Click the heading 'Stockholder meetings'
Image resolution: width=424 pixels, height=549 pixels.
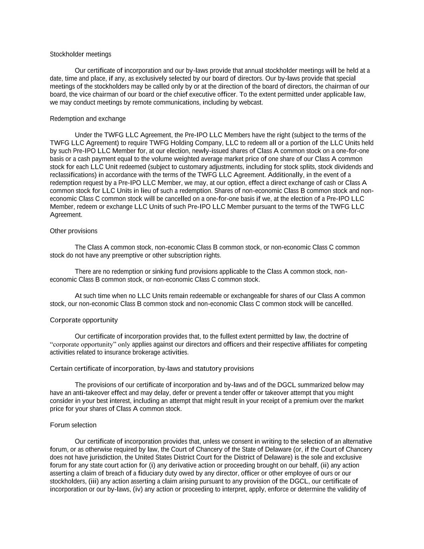pos(80,54)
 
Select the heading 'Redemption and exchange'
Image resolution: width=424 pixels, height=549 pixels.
pos(88,119)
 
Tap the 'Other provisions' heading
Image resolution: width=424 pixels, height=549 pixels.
pos(74,231)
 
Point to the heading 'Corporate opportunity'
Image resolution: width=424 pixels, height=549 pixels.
pos(84,320)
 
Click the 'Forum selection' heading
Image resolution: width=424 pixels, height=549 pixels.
pos(73,425)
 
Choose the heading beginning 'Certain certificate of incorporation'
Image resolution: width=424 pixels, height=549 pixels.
pos(152,369)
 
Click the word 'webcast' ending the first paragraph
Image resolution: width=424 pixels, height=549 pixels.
pos(251,103)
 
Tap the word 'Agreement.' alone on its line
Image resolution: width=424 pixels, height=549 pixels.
pos(66,215)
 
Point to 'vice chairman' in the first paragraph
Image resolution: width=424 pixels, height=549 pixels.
pos(98,95)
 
